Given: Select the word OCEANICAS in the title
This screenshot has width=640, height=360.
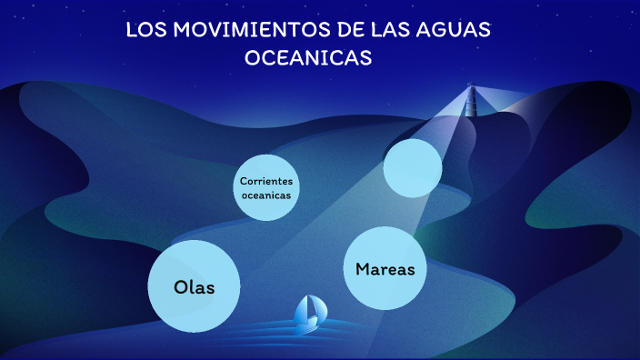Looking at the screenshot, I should pyautogui.click(x=308, y=57).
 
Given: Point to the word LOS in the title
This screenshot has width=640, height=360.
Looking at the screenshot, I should pyautogui.click(x=145, y=29).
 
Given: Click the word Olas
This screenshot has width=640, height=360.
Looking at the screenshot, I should pyautogui.click(x=194, y=287).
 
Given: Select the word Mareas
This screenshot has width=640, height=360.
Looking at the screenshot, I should pyautogui.click(x=385, y=269).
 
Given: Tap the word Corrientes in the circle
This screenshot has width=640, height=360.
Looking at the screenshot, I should pyautogui.click(x=266, y=180).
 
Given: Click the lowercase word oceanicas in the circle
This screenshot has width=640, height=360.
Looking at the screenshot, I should pyautogui.click(x=266, y=195).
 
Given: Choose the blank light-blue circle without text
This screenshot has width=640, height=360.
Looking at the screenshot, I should pyautogui.click(x=413, y=168).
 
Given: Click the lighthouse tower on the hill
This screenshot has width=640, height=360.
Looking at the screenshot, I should pyautogui.click(x=471, y=105).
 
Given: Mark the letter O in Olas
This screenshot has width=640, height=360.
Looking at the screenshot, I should pyautogui.click(x=180, y=287).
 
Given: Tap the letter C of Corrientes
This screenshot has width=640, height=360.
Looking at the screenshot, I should pyautogui.click(x=243, y=180).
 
